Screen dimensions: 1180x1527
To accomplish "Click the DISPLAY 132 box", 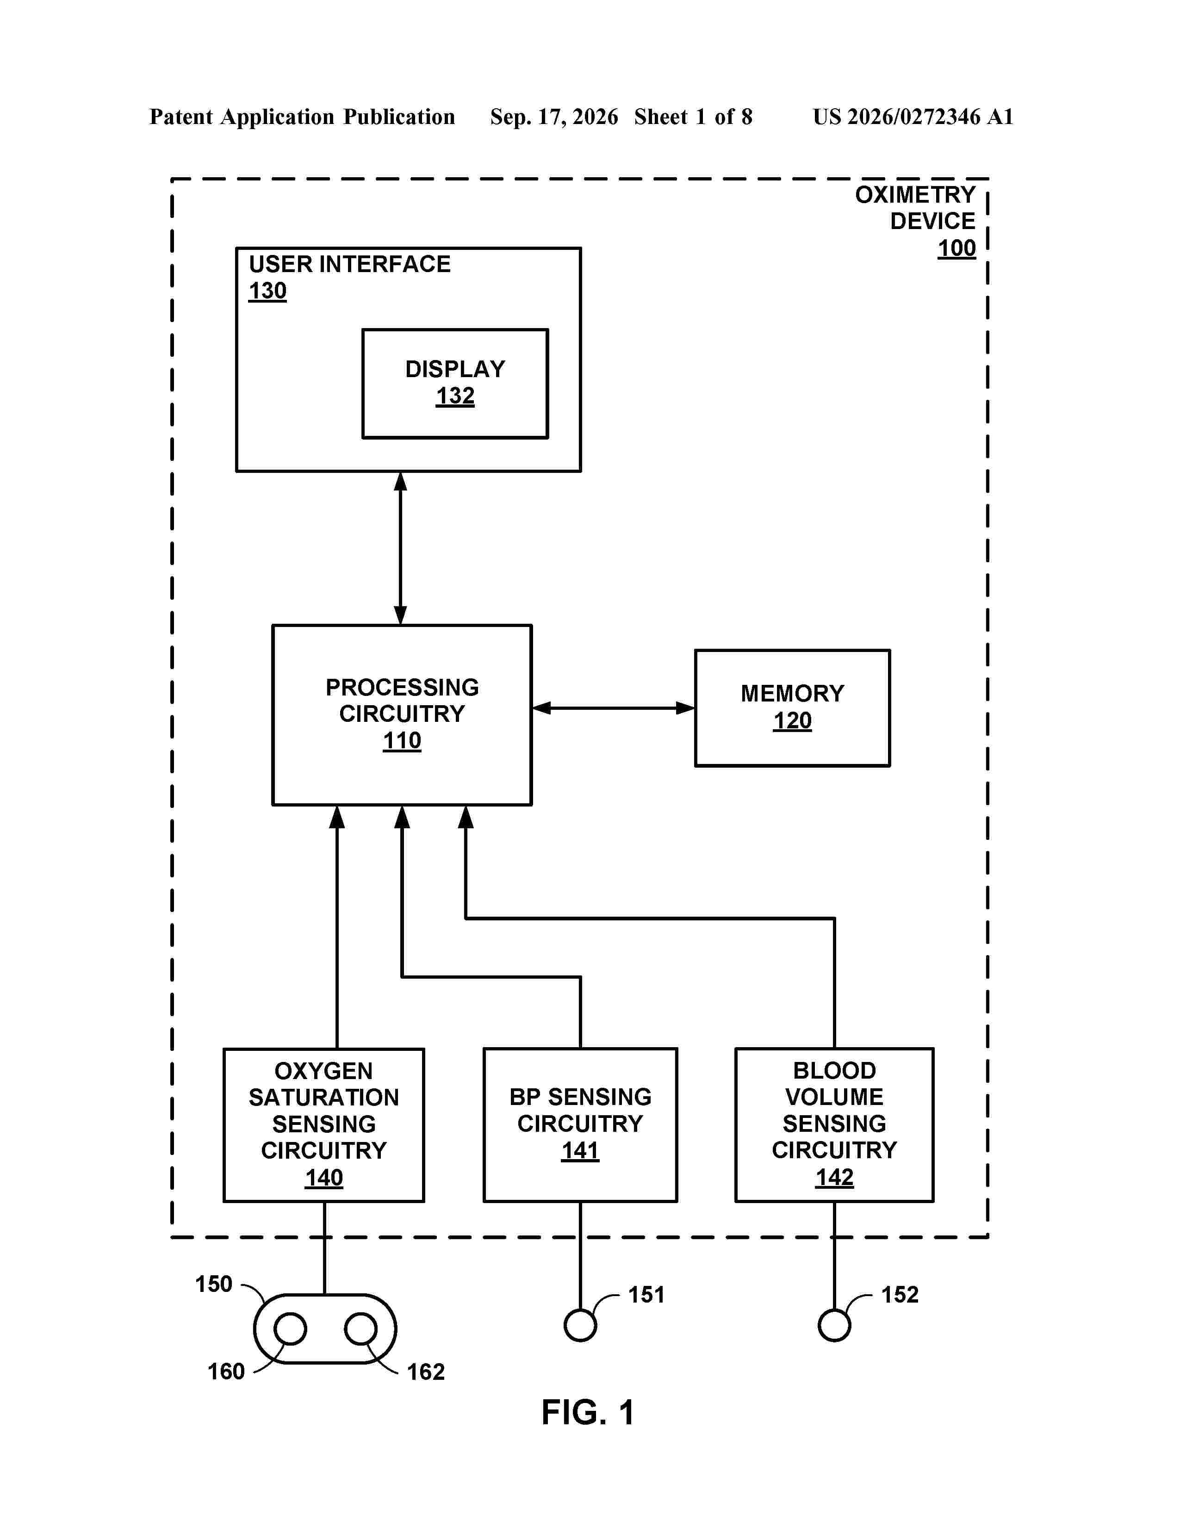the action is (455, 384).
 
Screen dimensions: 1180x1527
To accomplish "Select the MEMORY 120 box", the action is (792, 708).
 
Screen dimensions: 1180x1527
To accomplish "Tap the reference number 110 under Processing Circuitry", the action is (402, 740).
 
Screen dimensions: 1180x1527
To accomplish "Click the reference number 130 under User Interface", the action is (268, 291).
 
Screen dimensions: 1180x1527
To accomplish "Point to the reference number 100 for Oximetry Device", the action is (956, 248).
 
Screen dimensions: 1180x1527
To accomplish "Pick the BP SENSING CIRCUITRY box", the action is (580, 1125).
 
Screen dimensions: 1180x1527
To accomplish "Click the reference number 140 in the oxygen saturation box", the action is (323, 1178).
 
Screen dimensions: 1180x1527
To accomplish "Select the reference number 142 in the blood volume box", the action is (835, 1178).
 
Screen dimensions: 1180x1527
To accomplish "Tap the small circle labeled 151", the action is (580, 1325).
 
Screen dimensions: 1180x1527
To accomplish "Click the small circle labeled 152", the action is (834, 1325).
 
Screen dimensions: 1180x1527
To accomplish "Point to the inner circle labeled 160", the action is (290, 1328).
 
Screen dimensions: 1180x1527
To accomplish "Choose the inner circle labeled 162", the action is (361, 1328).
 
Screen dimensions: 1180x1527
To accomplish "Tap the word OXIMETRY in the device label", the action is (915, 194).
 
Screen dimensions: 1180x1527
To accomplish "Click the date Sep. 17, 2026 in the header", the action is (554, 117).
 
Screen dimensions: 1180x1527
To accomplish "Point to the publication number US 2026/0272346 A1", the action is (913, 117).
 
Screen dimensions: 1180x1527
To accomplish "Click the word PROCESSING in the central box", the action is (402, 687).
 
